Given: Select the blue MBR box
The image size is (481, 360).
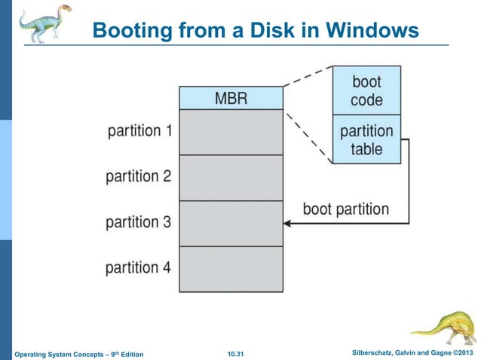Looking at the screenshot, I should [x=231, y=98].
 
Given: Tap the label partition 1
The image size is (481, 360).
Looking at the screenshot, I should [x=139, y=130].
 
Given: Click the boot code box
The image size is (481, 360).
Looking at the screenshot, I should [x=366, y=90].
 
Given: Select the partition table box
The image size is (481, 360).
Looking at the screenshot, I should [x=366, y=139].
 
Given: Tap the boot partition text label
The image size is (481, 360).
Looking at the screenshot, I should [x=346, y=209].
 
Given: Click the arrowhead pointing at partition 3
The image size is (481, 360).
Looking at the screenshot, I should [x=287, y=223].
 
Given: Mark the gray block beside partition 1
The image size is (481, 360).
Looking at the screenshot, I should [x=231, y=132].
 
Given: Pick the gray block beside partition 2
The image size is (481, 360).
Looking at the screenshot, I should [x=231, y=178].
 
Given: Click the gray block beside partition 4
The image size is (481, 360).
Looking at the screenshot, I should [x=231, y=269].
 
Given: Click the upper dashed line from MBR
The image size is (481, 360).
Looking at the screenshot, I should [x=308, y=76].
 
